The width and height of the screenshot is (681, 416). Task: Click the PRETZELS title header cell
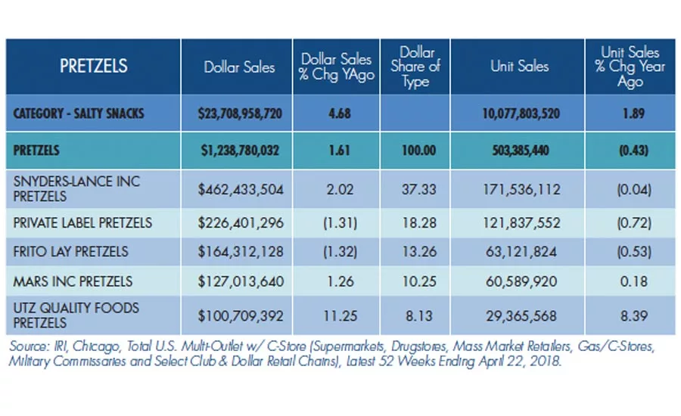tap(93, 66)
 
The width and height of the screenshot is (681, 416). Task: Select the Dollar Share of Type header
tap(415, 67)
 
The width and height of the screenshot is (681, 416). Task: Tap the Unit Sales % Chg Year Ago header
tap(630, 67)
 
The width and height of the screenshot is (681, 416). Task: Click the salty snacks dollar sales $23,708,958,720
tap(240, 113)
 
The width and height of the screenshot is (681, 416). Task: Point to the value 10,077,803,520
tap(521, 113)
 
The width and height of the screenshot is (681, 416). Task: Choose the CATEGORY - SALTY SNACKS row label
tap(79, 113)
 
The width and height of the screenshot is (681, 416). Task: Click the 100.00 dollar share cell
tap(418, 151)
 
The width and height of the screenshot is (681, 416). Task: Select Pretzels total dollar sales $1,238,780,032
tap(240, 151)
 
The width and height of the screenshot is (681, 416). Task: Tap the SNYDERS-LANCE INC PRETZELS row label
tap(76, 189)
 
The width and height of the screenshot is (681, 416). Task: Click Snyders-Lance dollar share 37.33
tap(418, 190)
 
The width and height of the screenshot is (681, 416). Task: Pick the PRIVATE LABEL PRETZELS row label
tap(82, 223)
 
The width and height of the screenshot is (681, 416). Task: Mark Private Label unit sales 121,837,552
tap(521, 223)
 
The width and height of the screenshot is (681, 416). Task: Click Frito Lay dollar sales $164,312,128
tap(241, 252)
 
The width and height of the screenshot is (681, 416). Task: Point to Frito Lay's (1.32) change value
tap(340, 252)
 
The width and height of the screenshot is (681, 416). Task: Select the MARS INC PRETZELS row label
tap(73, 281)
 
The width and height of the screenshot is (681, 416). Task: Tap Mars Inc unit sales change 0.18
tap(634, 281)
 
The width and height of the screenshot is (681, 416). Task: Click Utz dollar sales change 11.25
tap(340, 315)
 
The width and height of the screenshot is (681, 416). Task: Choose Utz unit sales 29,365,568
tap(521, 315)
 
